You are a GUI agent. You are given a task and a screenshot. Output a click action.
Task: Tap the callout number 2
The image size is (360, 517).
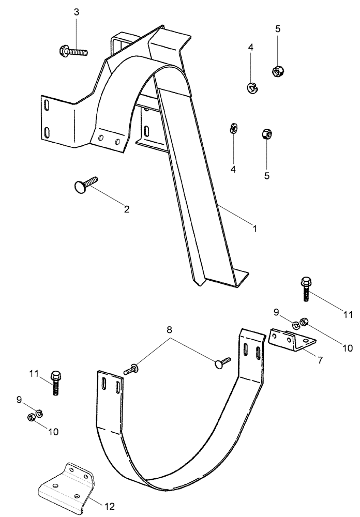click(126, 209)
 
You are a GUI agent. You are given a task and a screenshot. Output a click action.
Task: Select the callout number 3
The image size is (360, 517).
click(77, 12)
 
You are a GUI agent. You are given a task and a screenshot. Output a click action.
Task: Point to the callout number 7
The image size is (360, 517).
click(320, 360)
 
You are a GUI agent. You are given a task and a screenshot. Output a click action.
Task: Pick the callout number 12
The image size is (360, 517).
click(109, 506)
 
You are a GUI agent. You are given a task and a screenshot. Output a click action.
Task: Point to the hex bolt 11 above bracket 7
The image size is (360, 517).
click(304, 289)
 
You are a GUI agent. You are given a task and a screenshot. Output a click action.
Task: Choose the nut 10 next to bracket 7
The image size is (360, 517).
click(304, 322)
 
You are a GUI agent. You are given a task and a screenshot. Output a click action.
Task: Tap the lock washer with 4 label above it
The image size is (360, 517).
click(252, 88)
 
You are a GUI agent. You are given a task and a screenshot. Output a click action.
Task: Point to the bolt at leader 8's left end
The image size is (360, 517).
click(131, 370)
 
